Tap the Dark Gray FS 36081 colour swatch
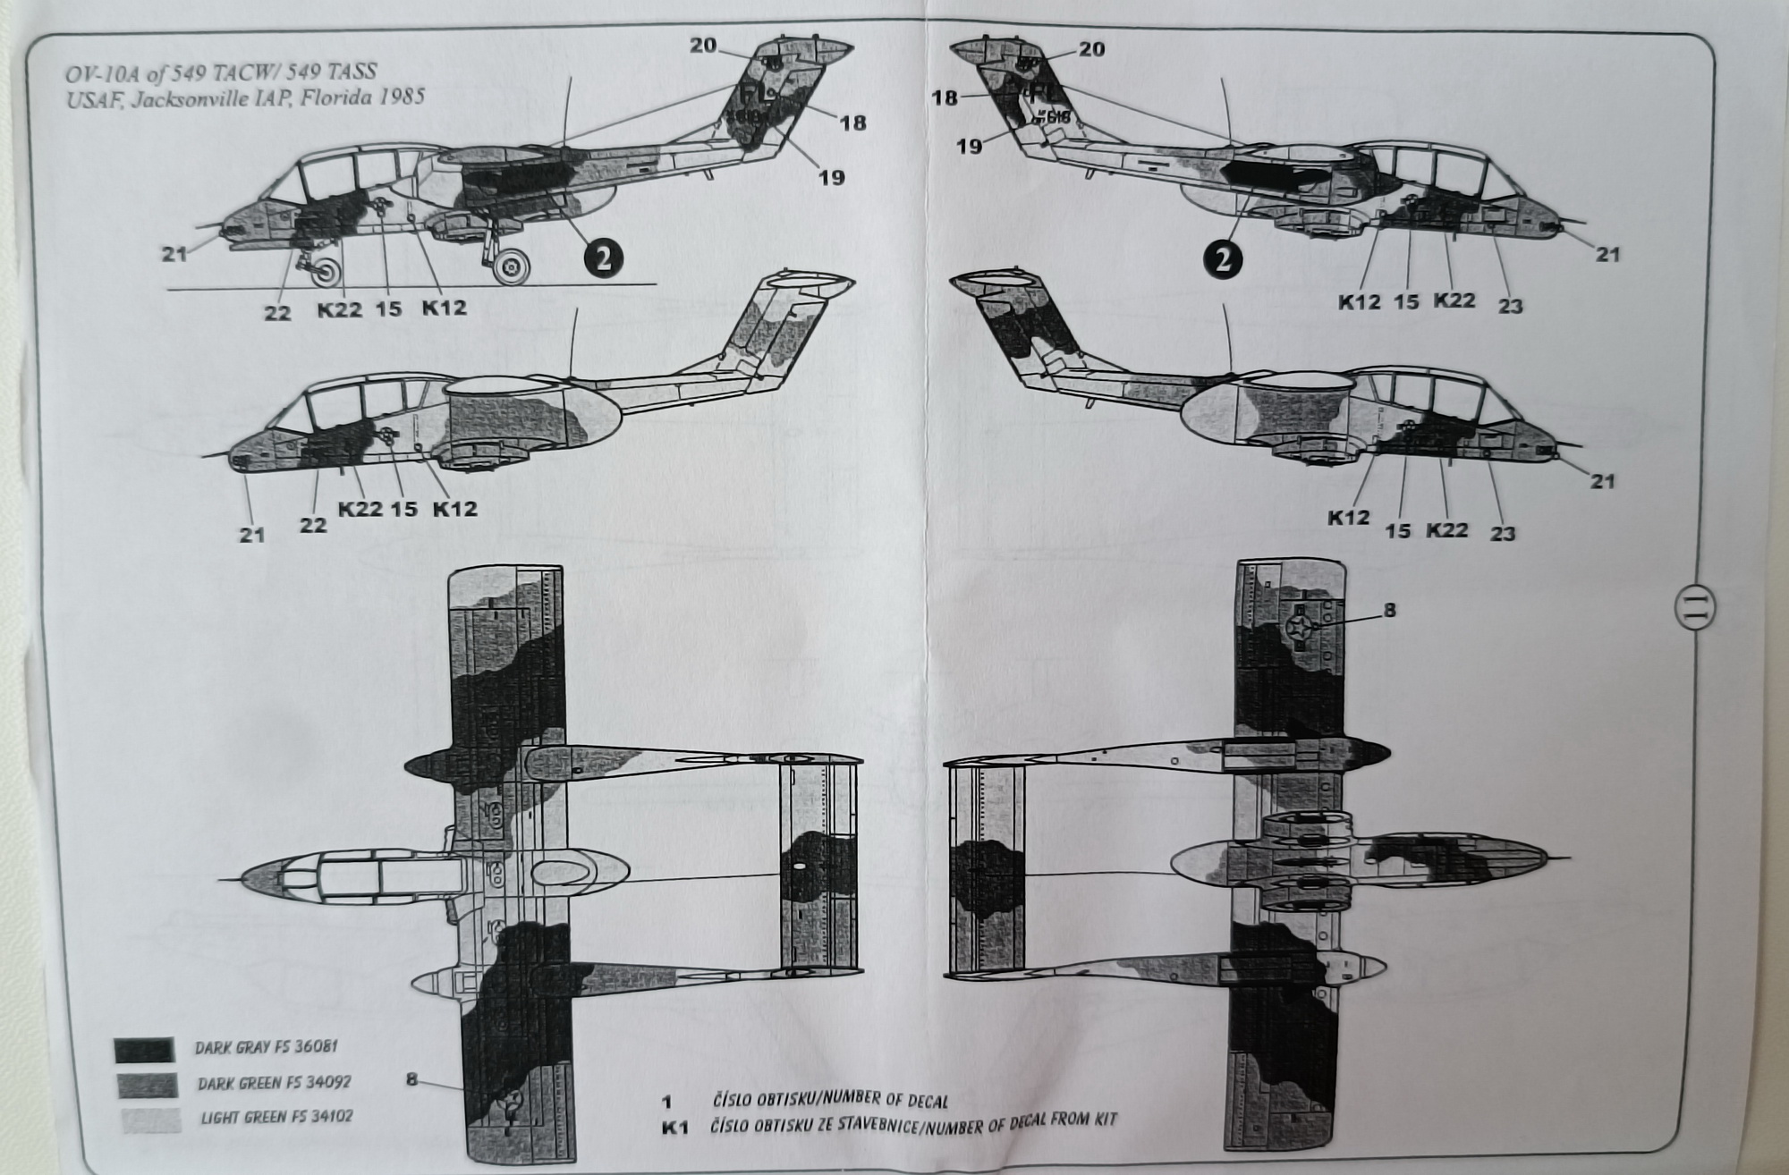[x=143, y=1050]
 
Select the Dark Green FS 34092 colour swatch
[x=145, y=1085]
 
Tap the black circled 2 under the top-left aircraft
[x=603, y=258]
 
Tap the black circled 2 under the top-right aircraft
[x=1222, y=259]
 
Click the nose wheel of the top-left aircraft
[x=328, y=275]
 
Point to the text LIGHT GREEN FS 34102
[x=276, y=1118]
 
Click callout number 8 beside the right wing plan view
[x=1389, y=611]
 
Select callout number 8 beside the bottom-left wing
[x=411, y=1079]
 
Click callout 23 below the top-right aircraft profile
[x=1510, y=306]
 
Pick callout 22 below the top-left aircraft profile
[x=277, y=313]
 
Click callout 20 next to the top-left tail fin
[x=703, y=45]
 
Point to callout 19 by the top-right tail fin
[x=970, y=146]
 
